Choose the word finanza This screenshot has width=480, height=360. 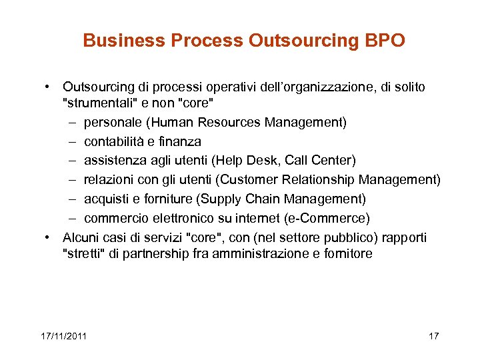tap(181, 141)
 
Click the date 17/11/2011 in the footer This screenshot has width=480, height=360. tap(63, 335)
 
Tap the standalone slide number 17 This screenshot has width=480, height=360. tap(433, 335)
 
